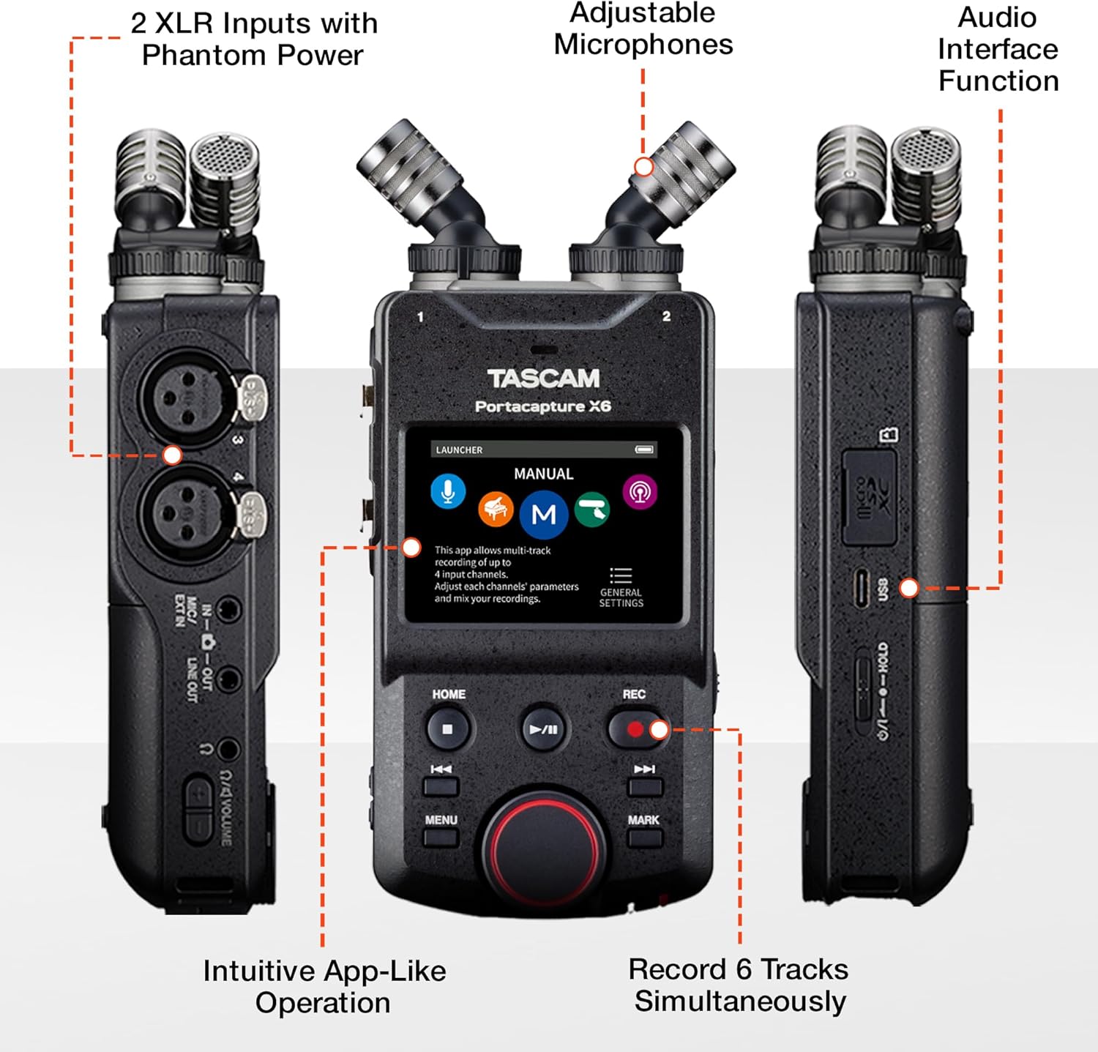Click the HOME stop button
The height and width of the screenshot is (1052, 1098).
447,729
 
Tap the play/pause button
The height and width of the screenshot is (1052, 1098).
543,729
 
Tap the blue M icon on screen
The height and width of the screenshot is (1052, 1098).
543,515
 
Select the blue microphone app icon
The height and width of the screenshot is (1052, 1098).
448,491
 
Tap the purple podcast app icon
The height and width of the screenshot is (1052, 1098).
640,491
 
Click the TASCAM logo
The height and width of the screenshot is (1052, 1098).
543,378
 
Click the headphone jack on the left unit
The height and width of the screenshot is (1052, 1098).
228,749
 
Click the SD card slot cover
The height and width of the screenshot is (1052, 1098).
870,498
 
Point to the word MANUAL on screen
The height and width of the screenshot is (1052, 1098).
543,474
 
